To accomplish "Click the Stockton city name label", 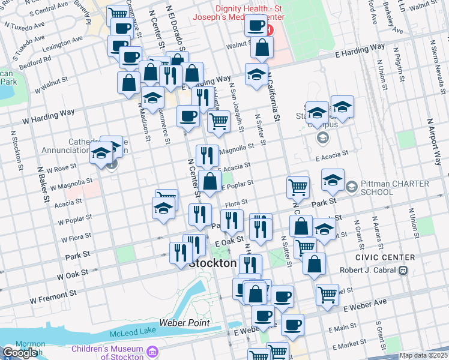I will (x=212, y=263).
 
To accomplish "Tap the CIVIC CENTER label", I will (x=393, y=257).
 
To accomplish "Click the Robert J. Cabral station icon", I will (x=403, y=270).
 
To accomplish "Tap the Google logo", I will (x=20, y=353).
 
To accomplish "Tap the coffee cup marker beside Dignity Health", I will (x=256, y=26).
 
